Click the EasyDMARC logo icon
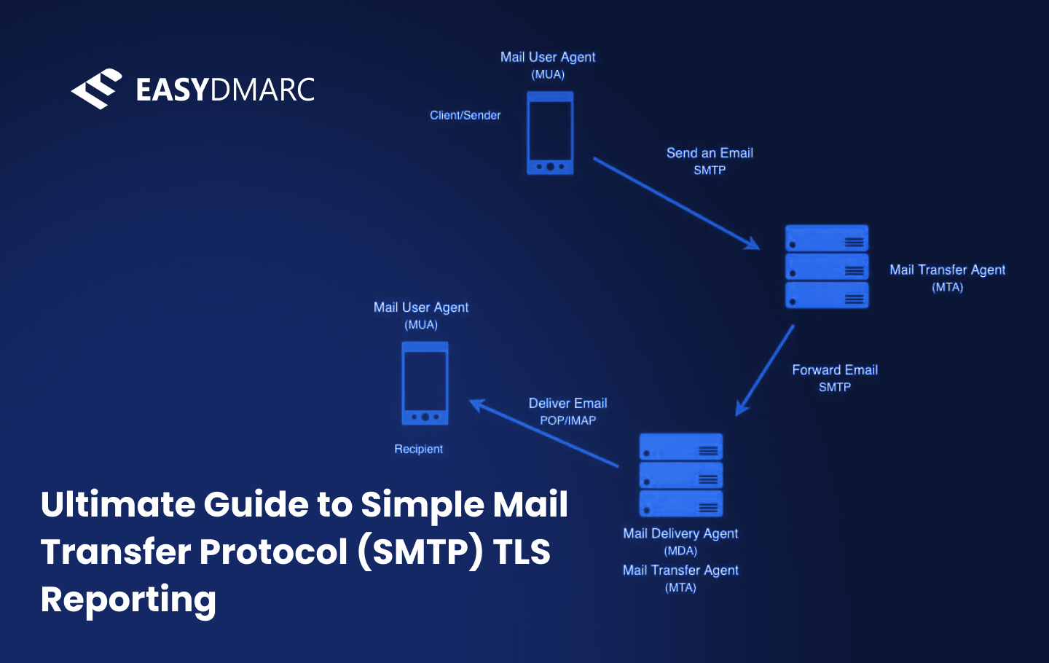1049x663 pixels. click(96, 89)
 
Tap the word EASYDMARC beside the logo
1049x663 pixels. click(225, 90)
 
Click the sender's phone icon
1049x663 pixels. click(550, 133)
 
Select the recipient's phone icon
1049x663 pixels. click(425, 383)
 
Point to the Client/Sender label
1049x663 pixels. click(465, 115)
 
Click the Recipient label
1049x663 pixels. click(418, 449)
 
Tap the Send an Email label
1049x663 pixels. click(710, 153)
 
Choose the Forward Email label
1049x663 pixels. click(835, 370)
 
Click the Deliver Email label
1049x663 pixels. click(567, 404)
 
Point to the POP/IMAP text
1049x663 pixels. click(567, 420)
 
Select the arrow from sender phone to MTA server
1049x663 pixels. click(675, 203)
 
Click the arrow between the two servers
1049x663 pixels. click(765, 370)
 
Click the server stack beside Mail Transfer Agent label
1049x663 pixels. click(827, 266)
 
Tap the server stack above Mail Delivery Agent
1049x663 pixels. click(680, 475)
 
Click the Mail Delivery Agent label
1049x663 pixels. click(680, 533)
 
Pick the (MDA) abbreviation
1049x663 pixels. click(680, 551)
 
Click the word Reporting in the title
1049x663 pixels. click(128, 600)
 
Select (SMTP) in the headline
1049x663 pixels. click(420, 552)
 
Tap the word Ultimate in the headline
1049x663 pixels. click(117, 504)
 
